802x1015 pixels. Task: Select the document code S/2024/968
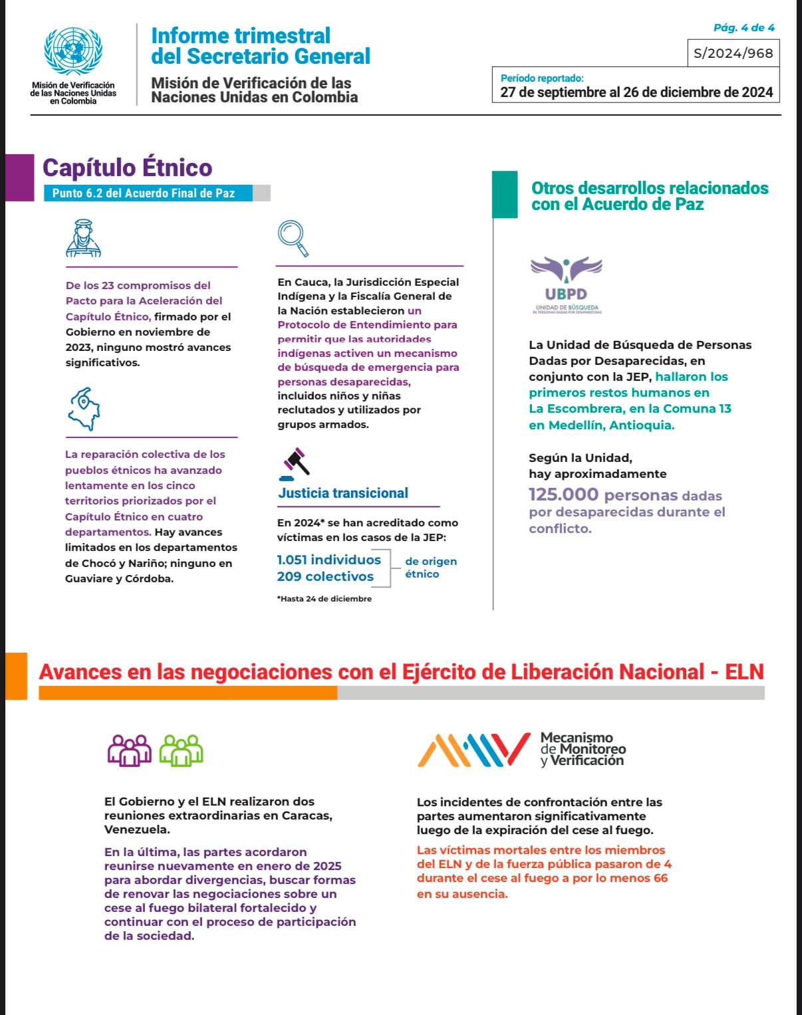(x=733, y=53)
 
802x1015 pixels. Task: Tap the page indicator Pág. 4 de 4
(x=743, y=28)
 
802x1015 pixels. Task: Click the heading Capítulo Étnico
(x=127, y=168)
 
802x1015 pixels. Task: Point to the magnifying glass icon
(x=293, y=238)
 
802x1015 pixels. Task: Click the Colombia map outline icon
(x=84, y=408)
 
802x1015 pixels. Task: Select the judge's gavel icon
(x=295, y=463)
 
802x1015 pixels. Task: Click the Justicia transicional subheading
(x=343, y=493)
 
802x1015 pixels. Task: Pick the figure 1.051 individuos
(x=329, y=560)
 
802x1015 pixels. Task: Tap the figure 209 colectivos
(x=325, y=576)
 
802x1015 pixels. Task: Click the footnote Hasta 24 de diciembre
(x=325, y=599)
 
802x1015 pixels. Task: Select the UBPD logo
(x=566, y=284)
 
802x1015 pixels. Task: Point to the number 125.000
(x=563, y=495)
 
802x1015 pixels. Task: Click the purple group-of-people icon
(x=130, y=750)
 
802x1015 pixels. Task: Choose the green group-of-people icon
(x=181, y=750)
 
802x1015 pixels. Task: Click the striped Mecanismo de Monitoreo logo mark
(x=473, y=749)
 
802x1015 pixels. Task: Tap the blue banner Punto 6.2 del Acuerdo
(x=144, y=193)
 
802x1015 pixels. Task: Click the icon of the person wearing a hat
(x=83, y=238)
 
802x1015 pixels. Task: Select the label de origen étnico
(x=430, y=567)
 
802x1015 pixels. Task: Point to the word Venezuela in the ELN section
(x=136, y=830)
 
